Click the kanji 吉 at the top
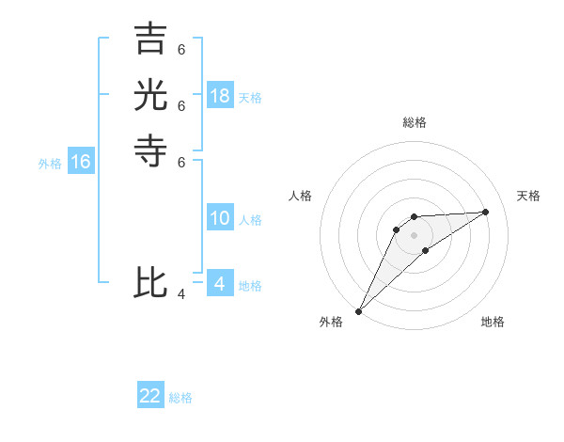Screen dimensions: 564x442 pyautogui.click(x=150, y=39)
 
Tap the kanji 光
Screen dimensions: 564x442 pyautogui.click(x=150, y=95)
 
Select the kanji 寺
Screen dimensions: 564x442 pyautogui.click(x=150, y=150)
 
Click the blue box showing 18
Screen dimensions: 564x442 pyautogui.click(x=220, y=96)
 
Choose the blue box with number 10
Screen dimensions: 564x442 pyautogui.click(x=220, y=219)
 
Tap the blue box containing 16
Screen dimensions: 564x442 pyautogui.click(x=81, y=162)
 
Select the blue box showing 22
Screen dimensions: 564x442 pyautogui.click(x=150, y=396)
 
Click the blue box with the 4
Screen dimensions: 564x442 pyautogui.click(x=220, y=284)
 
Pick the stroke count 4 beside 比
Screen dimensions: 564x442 pyautogui.click(x=181, y=294)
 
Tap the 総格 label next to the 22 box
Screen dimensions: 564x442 pyautogui.click(x=180, y=398)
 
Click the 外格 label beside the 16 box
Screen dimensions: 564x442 pyautogui.click(x=50, y=164)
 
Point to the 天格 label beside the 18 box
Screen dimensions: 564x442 pyautogui.click(x=250, y=98)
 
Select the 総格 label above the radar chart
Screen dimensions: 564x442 pyautogui.click(x=415, y=122)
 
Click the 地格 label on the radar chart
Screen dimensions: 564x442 pyautogui.click(x=493, y=322)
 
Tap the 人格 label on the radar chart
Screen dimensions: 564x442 pyautogui.click(x=300, y=196)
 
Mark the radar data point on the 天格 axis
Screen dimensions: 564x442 pyautogui.click(x=486, y=212)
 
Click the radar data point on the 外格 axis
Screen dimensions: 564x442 pyautogui.click(x=358, y=310)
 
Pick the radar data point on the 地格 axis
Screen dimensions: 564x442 pyautogui.click(x=426, y=250)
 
